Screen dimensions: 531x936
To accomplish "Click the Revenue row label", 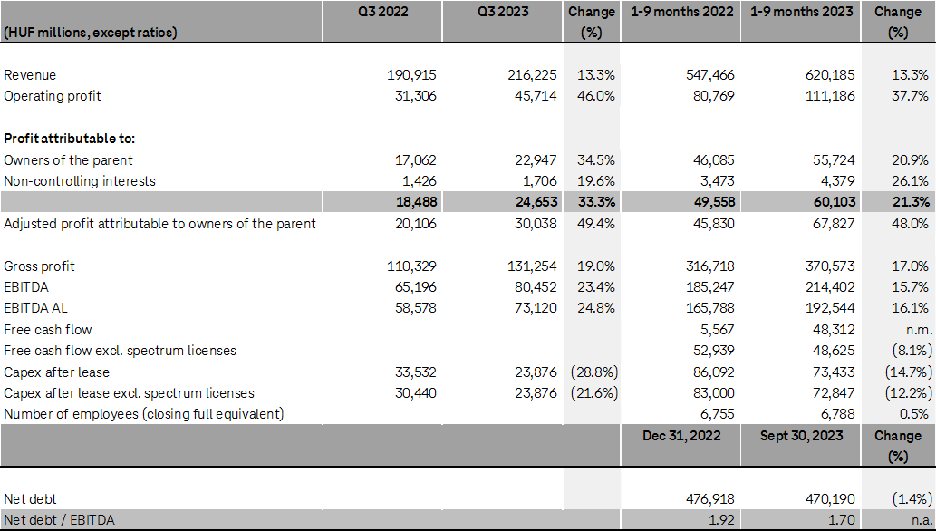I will point(30,75).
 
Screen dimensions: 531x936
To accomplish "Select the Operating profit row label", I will point(53,96).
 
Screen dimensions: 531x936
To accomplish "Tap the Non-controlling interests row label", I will point(80,181).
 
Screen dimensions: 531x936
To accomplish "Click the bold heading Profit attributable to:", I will point(69,139).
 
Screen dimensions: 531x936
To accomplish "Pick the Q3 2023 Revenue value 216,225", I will point(532,75).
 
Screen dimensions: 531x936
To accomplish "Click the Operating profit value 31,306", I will point(413,96).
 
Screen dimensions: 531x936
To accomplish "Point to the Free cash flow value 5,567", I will point(715,330).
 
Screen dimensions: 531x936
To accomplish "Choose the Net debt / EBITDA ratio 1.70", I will point(840,520).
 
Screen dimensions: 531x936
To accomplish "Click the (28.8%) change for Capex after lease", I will point(592,372).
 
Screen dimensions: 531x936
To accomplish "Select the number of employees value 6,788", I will point(835,414).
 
